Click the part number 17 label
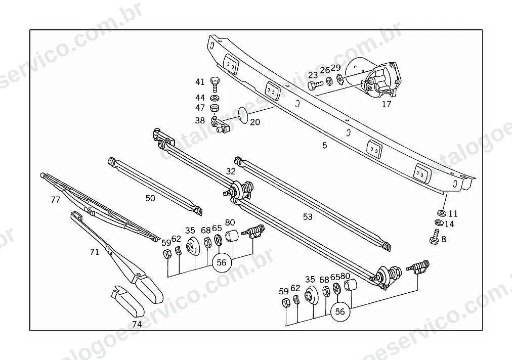(x=387, y=105)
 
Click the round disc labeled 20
(x=243, y=115)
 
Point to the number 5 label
(x=324, y=145)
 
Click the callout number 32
(x=231, y=171)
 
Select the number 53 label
(x=308, y=217)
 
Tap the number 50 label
(x=150, y=198)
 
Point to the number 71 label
(x=95, y=252)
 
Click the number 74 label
(x=137, y=325)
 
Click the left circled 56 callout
(x=222, y=263)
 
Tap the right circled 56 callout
(x=340, y=311)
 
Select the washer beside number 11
(x=442, y=213)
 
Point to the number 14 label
(x=449, y=224)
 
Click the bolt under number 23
(x=315, y=85)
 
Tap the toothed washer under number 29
(x=340, y=79)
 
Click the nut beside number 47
(x=215, y=108)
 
